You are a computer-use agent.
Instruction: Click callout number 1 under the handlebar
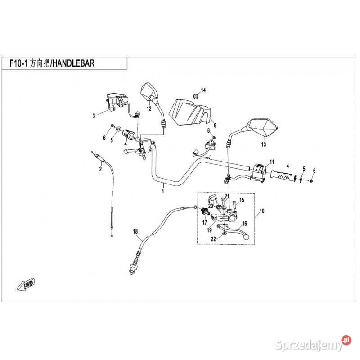click(163, 191)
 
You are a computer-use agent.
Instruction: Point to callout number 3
click(94, 116)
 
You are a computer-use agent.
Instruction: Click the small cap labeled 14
click(195, 96)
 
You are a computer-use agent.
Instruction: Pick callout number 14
click(203, 90)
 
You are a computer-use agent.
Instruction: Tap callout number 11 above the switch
click(271, 162)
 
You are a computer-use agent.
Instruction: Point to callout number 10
click(262, 211)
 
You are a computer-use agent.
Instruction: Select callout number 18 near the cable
click(135, 231)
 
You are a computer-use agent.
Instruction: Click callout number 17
click(204, 222)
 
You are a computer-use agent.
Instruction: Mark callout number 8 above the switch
click(208, 130)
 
